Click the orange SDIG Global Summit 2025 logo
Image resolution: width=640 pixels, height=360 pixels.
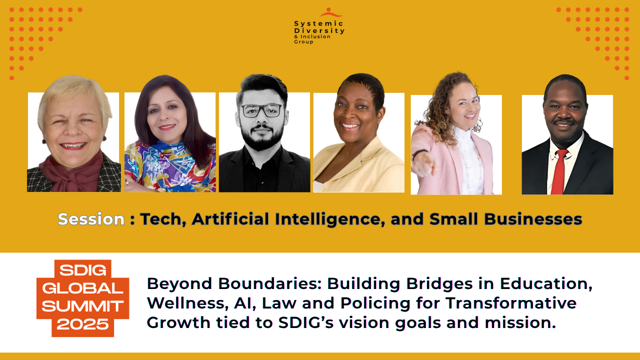click(83, 298)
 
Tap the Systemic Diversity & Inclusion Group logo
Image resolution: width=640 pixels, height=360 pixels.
click(319, 26)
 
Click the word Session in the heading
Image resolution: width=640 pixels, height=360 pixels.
click(91, 219)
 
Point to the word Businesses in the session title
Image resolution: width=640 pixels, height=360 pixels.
click(533, 219)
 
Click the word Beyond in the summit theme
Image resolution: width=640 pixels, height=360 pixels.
click(179, 283)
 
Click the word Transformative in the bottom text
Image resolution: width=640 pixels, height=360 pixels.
click(511, 303)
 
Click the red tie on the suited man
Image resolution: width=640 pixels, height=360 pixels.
click(559, 171)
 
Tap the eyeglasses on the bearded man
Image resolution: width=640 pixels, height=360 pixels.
click(261, 110)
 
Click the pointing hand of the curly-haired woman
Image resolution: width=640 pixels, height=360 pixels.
click(425, 163)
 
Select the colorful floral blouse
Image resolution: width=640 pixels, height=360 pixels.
click(170, 166)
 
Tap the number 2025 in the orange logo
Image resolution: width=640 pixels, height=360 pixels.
click(83, 324)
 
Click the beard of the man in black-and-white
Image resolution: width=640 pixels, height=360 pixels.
click(261, 137)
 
